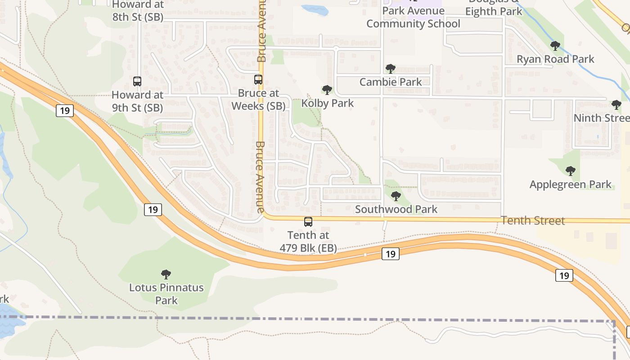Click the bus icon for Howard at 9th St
click(137, 81)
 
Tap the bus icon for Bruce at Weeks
click(258, 80)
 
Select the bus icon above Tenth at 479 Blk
click(308, 222)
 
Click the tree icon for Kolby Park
click(327, 90)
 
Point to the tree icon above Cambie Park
click(390, 69)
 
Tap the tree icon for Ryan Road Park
click(555, 46)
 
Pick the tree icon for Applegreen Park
click(570, 171)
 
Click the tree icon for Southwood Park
click(396, 196)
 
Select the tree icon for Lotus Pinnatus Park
click(166, 274)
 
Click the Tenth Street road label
click(533, 221)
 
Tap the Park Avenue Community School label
click(413, 17)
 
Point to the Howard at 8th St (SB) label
click(137, 11)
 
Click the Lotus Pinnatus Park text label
click(166, 294)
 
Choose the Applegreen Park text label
click(570, 184)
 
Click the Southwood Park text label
click(396, 209)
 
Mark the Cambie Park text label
click(391, 82)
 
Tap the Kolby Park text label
click(328, 103)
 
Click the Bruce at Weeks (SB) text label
click(258, 100)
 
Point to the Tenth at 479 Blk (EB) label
click(308, 242)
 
